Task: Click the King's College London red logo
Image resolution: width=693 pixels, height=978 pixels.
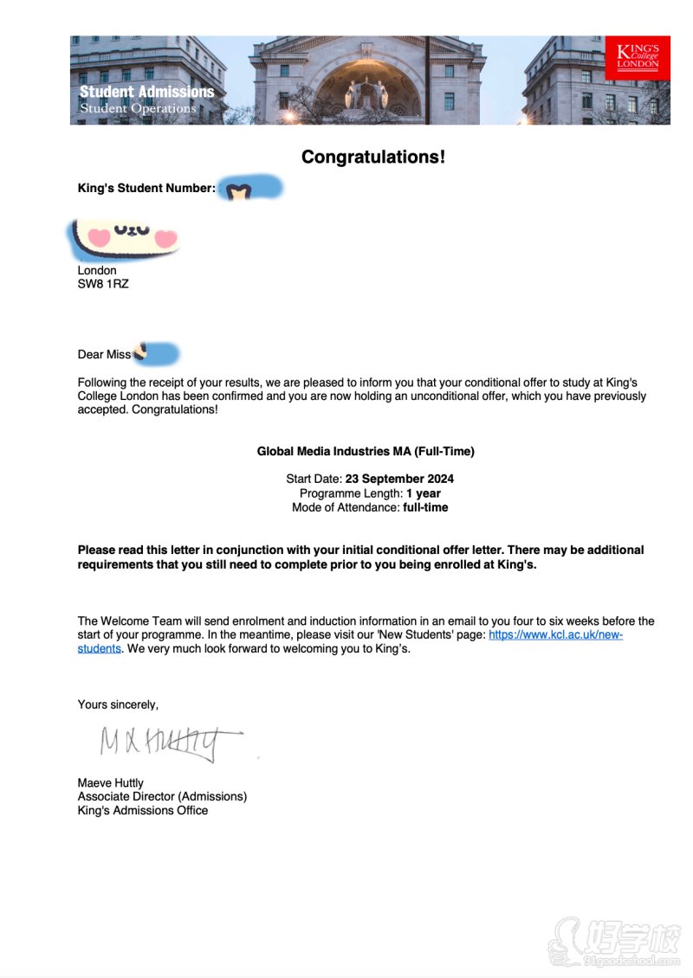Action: [638, 57]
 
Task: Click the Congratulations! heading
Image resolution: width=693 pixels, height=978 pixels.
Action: [372, 157]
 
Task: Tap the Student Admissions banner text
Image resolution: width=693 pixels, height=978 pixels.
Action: [146, 92]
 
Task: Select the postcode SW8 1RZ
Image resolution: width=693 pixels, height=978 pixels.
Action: [103, 283]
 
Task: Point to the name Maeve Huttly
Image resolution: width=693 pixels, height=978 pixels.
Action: [111, 782]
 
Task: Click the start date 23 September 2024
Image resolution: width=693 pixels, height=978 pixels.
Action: [399, 479]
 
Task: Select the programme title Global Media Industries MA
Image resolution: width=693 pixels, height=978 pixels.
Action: [366, 451]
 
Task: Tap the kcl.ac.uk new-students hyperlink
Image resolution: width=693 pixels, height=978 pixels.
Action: [555, 634]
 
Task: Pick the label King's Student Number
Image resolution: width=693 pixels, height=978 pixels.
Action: [146, 187]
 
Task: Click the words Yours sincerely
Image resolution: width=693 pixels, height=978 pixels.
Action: [118, 705]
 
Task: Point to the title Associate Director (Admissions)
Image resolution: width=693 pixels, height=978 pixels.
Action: [162, 796]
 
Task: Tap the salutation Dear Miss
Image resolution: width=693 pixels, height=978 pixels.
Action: [104, 354]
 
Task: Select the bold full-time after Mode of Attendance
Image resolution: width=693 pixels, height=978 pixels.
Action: [425, 507]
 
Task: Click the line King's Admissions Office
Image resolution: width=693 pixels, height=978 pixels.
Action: [143, 810]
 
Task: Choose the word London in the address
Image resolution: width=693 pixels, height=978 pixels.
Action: [97, 270]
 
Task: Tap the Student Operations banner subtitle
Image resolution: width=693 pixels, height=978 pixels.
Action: [138, 108]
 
